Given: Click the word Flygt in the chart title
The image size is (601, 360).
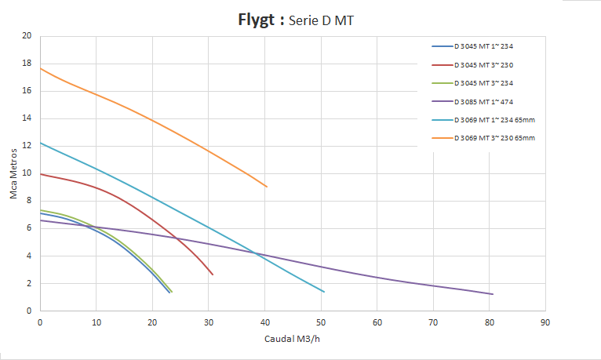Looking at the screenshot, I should [x=258, y=20].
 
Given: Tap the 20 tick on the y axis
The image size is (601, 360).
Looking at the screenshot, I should [x=27, y=36].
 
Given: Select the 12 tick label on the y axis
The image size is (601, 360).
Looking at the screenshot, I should [x=27, y=146].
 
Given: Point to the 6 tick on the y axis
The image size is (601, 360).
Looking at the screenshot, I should [x=30, y=228].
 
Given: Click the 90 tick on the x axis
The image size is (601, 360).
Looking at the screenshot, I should [x=545, y=321].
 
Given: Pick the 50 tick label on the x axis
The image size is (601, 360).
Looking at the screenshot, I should [x=320, y=321].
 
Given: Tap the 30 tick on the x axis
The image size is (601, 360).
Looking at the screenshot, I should [x=208, y=321].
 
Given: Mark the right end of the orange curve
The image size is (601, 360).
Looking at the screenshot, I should [x=267, y=187].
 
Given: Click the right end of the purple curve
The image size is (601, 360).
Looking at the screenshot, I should [x=492, y=294].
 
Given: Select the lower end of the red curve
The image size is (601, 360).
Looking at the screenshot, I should [x=213, y=275].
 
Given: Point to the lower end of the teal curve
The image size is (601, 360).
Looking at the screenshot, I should [x=324, y=292].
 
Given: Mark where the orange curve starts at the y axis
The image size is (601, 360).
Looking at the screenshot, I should [x=40, y=68].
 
